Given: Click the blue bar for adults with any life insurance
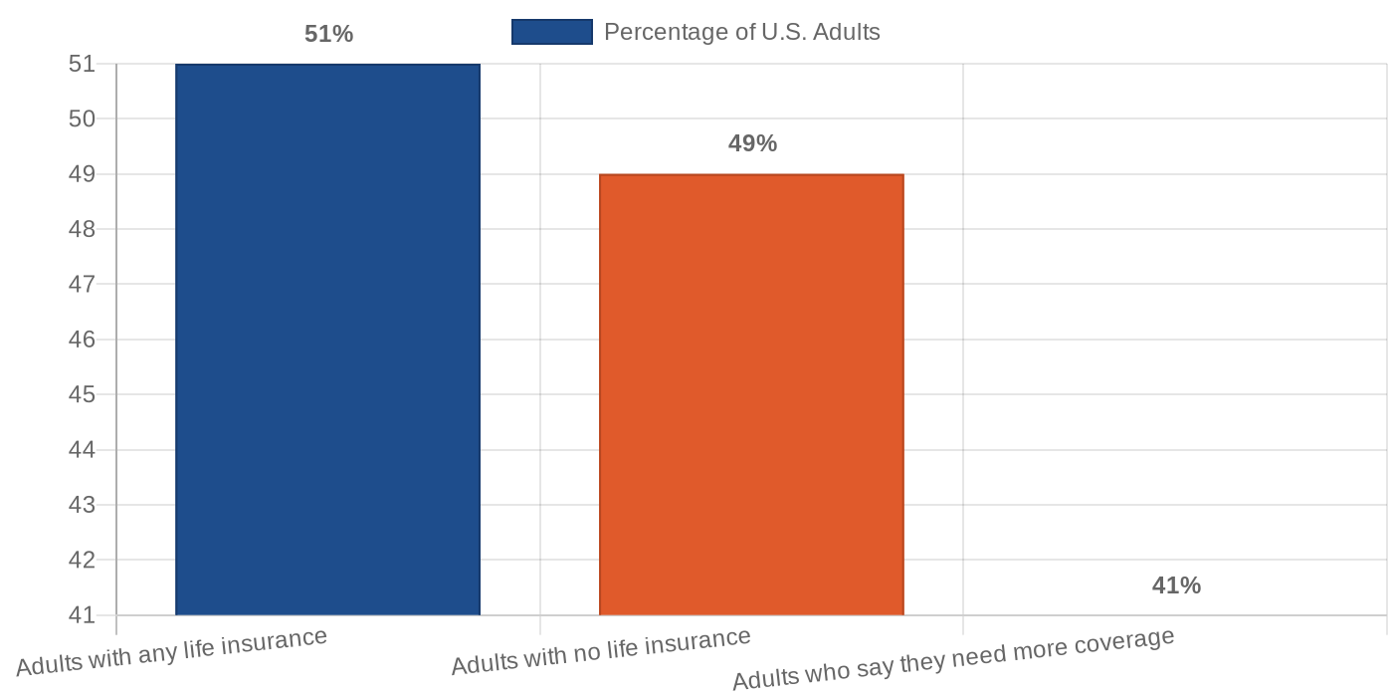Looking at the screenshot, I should click(x=327, y=339).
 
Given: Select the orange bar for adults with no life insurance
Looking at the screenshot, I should click(x=751, y=394).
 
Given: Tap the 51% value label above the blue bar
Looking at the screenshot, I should click(x=328, y=34).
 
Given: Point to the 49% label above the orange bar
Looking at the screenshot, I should click(x=752, y=143).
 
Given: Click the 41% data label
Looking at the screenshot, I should click(x=1176, y=585).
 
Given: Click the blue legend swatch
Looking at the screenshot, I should click(x=551, y=32).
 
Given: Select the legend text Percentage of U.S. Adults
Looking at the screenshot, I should click(x=741, y=32).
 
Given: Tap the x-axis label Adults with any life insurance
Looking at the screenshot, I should click(x=171, y=652).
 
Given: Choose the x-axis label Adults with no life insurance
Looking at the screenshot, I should click(x=601, y=651).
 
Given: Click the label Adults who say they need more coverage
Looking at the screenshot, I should click(x=953, y=658).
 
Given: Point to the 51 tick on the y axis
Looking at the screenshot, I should click(x=83, y=64).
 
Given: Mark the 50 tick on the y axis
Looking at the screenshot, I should click(x=83, y=118).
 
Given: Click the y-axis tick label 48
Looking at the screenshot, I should click(x=83, y=229).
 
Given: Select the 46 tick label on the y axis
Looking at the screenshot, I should click(x=83, y=340).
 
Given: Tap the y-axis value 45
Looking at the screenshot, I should click(x=83, y=394).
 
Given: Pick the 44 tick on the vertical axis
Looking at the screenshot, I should click(x=83, y=450).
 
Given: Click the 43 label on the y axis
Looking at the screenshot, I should click(x=83, y=505).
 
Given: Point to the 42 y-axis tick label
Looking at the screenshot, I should click(x=83, y=560).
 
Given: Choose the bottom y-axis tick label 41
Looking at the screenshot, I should click(x=83, y=615).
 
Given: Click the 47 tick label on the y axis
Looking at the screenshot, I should click(x=83, y=284).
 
